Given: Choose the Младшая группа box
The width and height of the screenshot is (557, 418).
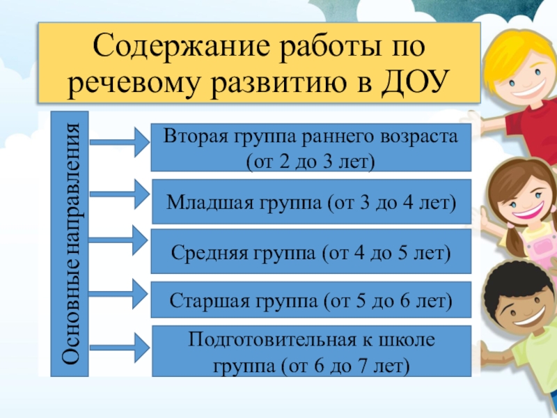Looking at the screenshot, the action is (x=311, y=202).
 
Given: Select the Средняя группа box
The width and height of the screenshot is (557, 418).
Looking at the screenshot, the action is (x=311, y=251).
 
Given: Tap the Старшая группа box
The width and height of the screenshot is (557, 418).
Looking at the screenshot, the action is (x=311, y=301).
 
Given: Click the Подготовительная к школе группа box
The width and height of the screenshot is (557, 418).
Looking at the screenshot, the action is (x=311, y=351).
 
